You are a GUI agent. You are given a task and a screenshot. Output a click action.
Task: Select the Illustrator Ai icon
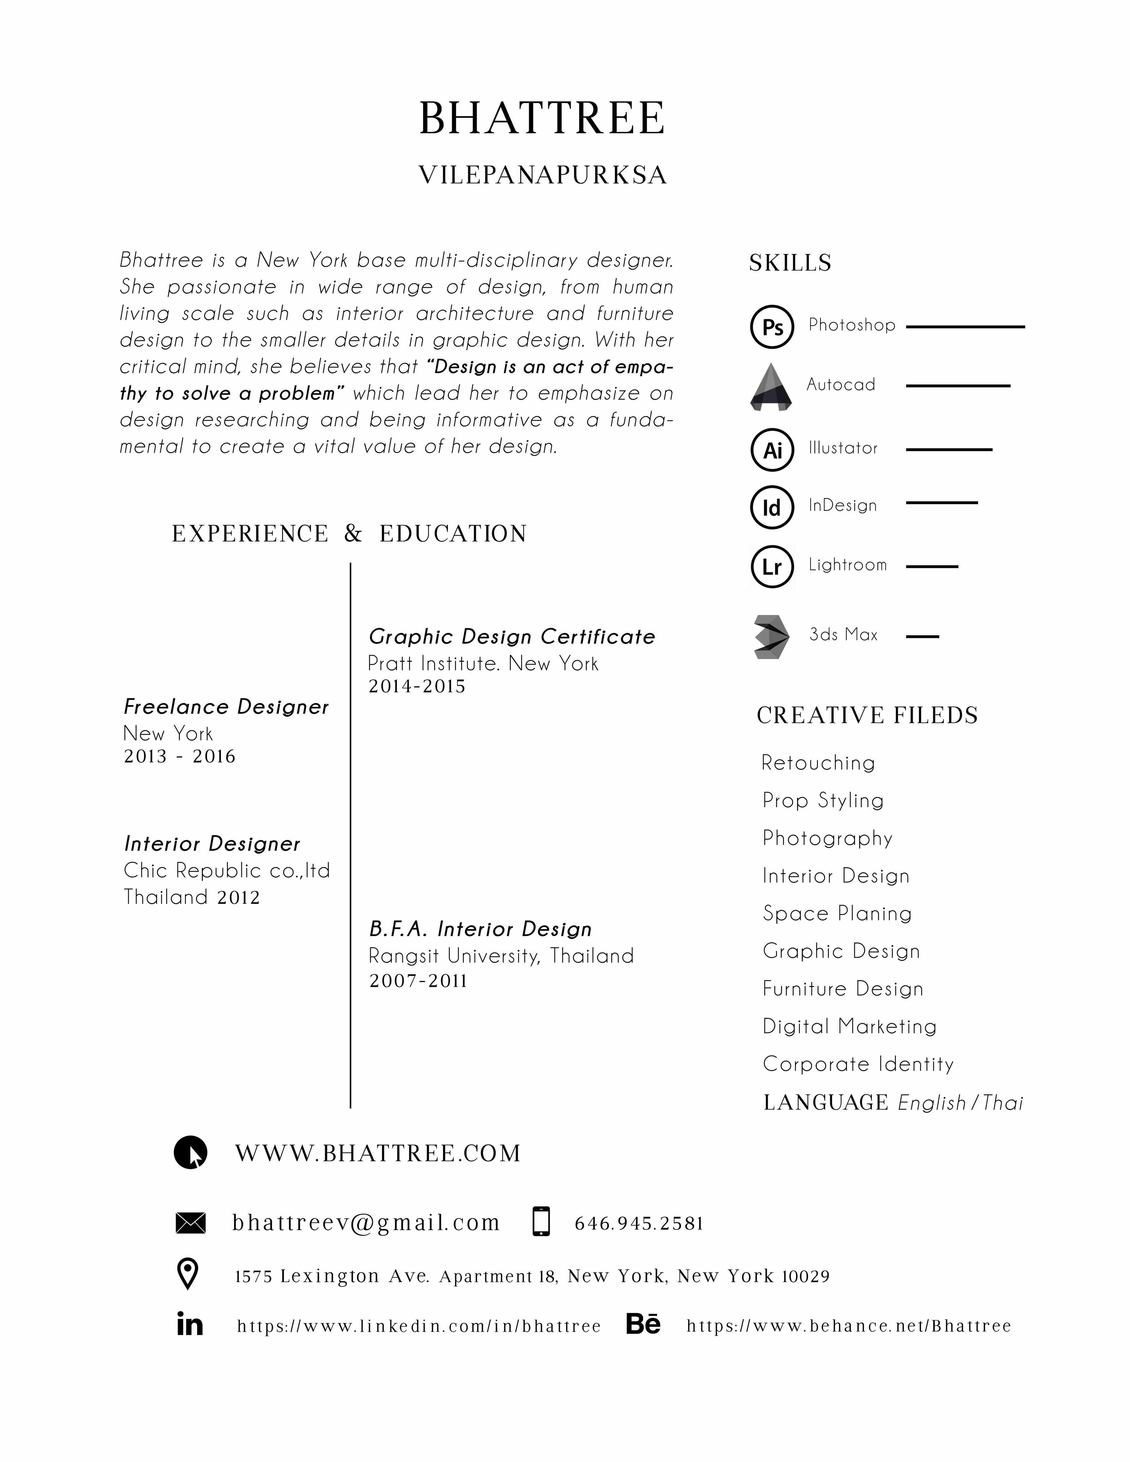tap(772, 450)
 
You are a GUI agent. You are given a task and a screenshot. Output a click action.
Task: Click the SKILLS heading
tap(790, 263)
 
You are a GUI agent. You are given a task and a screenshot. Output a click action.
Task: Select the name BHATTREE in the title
tap(542, 119)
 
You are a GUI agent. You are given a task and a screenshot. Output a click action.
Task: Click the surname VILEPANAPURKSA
tap(542, 175)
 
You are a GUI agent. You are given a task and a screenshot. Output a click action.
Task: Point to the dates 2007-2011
tap(418, 981)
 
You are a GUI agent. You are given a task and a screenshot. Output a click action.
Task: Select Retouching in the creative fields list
tap(818, 763)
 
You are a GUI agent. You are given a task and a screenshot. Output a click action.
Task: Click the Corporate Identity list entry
tap(858, 1065)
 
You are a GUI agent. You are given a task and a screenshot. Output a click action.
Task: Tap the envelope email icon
tap(190, 1223)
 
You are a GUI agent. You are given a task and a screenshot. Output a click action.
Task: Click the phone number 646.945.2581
tap(639, 1224)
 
